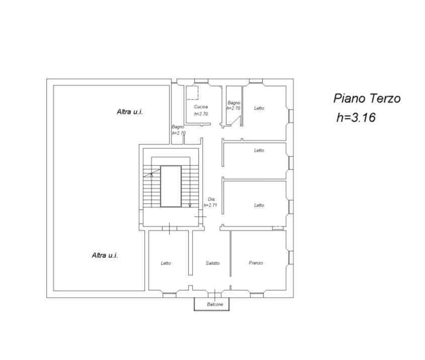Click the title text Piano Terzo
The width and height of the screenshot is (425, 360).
[x=367, y=99]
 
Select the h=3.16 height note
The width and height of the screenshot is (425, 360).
[x=356, y=118]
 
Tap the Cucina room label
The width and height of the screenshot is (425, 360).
[x=201, y=107]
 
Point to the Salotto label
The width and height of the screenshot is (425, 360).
[x=212, y=263]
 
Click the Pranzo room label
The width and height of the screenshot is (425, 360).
[x=256, y=263]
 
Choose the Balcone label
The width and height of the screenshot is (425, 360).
[x=215, y=304]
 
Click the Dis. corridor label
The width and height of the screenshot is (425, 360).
[x=212, y=199]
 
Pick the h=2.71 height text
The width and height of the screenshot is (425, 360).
[x=210, y=205]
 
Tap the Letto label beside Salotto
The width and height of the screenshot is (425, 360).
[x=166, y=263]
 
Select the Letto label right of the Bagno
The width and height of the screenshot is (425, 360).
[x=259, y=108]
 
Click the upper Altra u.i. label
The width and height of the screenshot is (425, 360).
[x=130, y=112]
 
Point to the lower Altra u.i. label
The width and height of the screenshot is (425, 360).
[x=105, y=255]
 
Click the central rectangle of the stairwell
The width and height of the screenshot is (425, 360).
[x=171, y=187]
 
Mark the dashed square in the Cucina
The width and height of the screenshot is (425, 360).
[x=192, y=93]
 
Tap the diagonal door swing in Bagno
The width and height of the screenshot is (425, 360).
[x=235, y=121]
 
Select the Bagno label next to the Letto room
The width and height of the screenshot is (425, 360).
[x=234, y=103]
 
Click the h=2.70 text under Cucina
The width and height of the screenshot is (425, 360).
[x=201, y=114]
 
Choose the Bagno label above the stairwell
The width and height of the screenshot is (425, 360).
[x=178, y=127]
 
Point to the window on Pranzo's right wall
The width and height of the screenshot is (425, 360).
[x=291, y=257]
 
